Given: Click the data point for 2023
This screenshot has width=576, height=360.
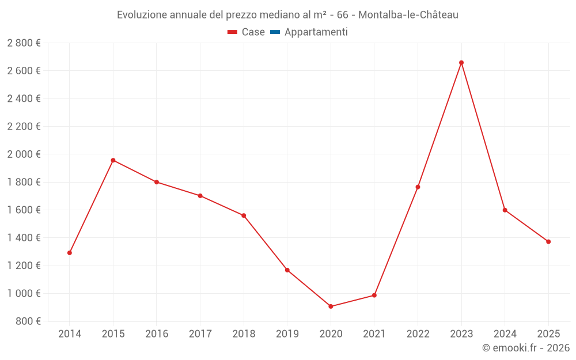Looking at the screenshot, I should (x=461, y=63).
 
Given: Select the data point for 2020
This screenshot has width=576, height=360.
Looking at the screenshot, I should (x=331, y=306).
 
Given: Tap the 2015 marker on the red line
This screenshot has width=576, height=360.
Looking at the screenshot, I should (x=113, y=160).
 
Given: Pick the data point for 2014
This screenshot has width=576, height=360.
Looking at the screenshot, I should (x=70, y=253).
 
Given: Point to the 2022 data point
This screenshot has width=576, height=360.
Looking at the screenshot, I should (x=418, y=187).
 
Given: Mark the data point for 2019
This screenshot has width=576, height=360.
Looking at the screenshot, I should (x=287, y=270).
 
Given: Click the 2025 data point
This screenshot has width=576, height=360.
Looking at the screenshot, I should (x=548, y=242).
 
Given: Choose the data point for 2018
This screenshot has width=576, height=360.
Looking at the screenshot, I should (x=244, y=215).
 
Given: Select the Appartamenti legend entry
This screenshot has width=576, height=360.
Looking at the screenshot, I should (x=316, y=32).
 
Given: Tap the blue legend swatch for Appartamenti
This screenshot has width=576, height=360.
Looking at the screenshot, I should (x=275, y=32).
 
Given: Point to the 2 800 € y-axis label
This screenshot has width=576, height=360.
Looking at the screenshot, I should (x=24, y=43).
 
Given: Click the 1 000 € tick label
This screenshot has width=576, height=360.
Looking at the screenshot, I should (x=24, y=294).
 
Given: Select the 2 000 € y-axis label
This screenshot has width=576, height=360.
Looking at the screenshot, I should (x=24, y=154).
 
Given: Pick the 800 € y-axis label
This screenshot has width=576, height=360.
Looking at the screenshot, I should (x=27, y=321).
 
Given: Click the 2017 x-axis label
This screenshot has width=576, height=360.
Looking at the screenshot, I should (x=200, y=334).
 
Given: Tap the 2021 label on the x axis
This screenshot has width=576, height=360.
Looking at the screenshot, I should (x=374, y=334).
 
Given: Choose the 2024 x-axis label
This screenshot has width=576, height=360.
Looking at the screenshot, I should (x=505, y=334).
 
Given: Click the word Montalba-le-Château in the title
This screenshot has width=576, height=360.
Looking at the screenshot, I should (x=408, y=15).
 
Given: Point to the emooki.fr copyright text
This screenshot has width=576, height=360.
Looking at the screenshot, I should (x=525, y=348).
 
